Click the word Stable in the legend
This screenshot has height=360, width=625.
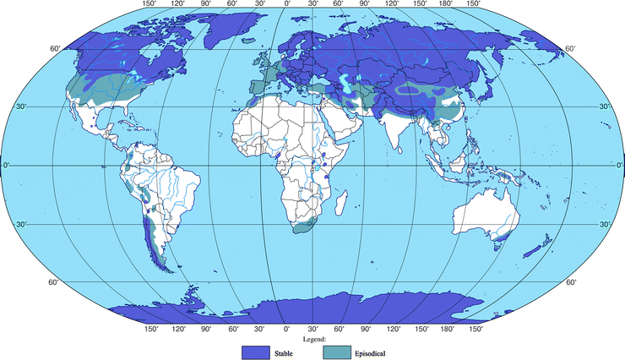pyautogui.click(x=284, y=351)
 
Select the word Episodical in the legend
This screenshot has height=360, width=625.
pyautogui.click(x=372, y=351)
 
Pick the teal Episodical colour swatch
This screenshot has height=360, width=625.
pyautogui.click(x=339, y=351)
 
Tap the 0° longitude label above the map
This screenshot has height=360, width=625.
pyautogui.click(x=287, y=4)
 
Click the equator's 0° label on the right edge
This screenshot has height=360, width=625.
pyautogui.click(x=615, y=166)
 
